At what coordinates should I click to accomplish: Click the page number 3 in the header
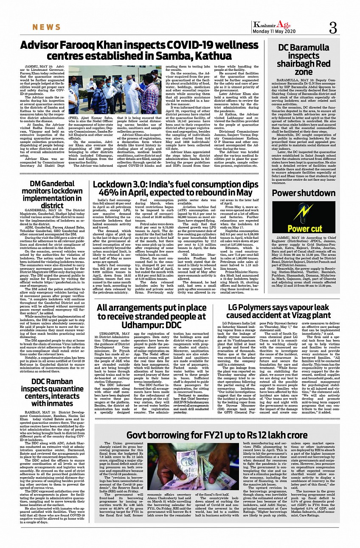point(332,28)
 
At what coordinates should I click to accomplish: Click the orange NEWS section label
point(47,28)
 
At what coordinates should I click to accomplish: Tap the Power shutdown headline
point(309,193)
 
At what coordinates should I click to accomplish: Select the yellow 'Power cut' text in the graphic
point(309,229)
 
